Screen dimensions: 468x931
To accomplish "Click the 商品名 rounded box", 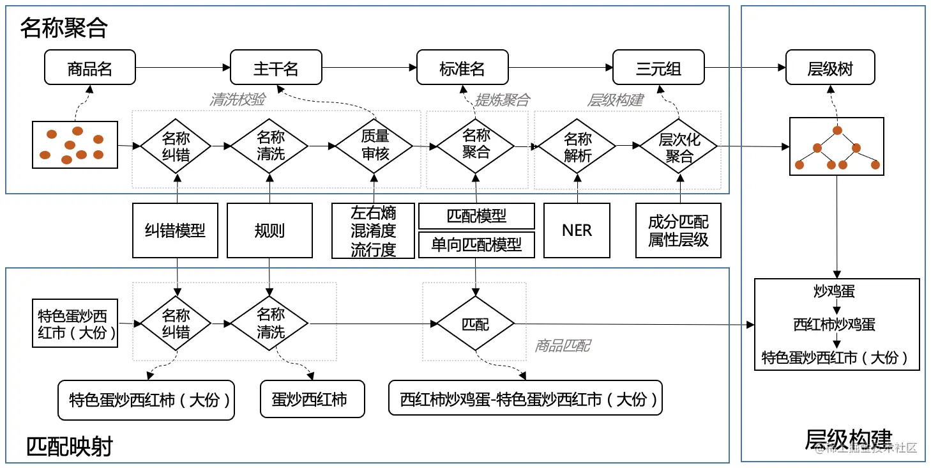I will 90,68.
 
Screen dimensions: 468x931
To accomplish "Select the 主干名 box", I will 276,68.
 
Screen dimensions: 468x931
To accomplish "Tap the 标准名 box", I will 462,68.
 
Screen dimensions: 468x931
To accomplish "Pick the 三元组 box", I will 658,68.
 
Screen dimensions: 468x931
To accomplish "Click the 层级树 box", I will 830,68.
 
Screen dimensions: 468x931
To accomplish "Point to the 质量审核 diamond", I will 374,146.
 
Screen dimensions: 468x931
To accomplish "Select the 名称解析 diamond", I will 578,147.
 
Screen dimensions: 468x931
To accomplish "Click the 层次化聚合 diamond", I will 679,147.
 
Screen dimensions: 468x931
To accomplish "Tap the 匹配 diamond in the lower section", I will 476,324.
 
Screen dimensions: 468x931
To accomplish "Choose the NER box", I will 577,231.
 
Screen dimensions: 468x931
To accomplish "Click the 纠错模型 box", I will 175,231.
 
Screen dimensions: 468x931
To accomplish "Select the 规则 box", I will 269,231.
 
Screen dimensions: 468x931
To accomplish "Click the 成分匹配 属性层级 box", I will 678,231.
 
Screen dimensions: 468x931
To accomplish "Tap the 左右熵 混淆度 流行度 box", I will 374,231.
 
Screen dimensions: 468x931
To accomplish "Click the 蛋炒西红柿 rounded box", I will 312,400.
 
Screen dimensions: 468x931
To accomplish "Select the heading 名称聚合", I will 64,27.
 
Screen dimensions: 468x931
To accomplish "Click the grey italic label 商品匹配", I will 563,346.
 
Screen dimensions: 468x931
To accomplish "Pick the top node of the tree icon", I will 836,131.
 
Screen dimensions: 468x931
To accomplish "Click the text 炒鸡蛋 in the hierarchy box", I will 834,292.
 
